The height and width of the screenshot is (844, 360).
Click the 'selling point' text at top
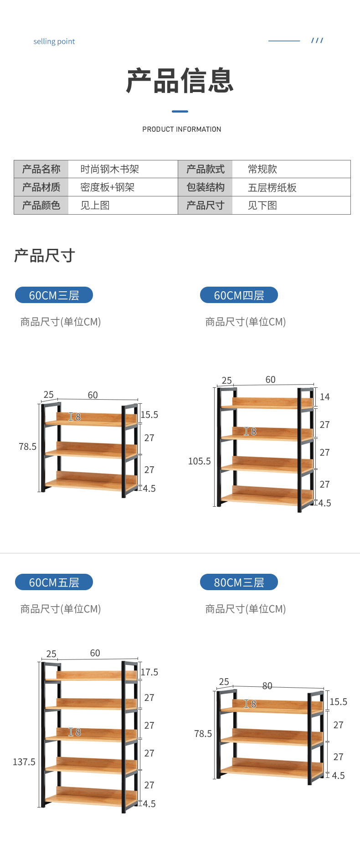(54, 41)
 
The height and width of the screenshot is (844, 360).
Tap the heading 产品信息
(180, 81)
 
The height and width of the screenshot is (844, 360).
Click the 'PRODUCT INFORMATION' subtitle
(181, 129)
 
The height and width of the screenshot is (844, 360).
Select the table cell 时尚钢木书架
(110, 169)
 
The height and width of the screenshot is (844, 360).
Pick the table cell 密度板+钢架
(107, 187)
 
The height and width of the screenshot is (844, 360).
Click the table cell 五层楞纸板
(272, 187)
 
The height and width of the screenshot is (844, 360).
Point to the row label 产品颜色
(41, 206)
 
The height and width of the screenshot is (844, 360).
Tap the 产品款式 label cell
(205, 169)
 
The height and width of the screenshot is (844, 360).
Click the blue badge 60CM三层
(54, 295)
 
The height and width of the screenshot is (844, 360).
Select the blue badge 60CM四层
(239, 295)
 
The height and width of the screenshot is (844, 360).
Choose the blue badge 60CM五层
(54, 582)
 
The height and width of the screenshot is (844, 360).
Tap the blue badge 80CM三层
(239, 582)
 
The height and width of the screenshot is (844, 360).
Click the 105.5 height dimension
(199, 461)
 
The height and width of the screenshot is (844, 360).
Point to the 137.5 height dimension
(24, 762)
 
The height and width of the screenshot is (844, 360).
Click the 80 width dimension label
(267, 686)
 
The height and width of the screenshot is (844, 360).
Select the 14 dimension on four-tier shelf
(324, 397)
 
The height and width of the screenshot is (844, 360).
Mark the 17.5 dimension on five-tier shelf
(149, 672)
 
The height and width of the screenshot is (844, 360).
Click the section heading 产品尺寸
(44, 256)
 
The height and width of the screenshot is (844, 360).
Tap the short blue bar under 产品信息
(180, 111)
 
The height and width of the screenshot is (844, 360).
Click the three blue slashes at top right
(317, 41)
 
